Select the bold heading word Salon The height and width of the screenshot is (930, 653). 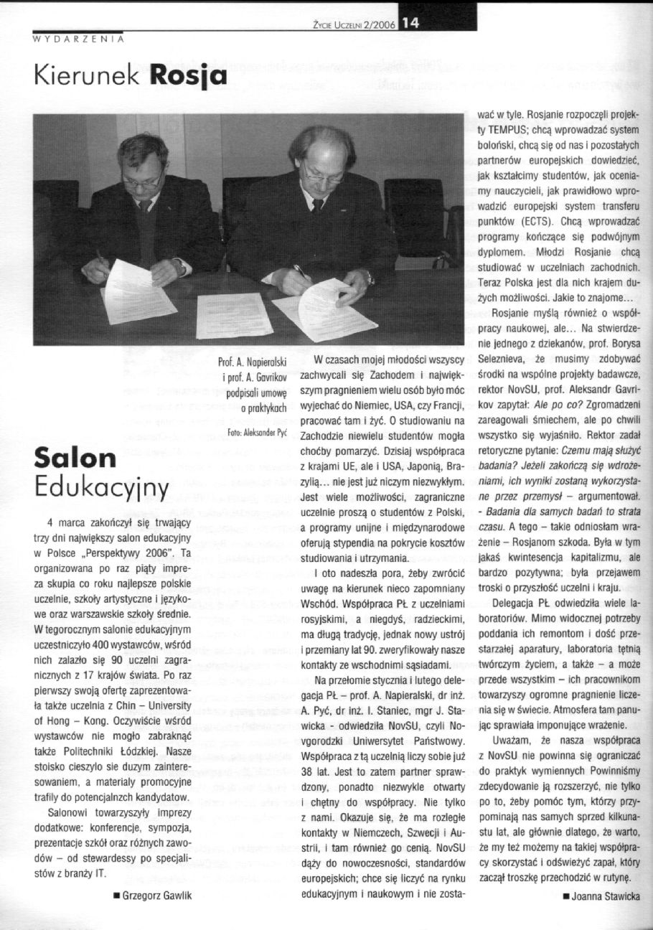(x=75, y=459)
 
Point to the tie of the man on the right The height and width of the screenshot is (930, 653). (x=318, y=206)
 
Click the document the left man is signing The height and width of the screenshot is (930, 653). (x=138, y=292)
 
